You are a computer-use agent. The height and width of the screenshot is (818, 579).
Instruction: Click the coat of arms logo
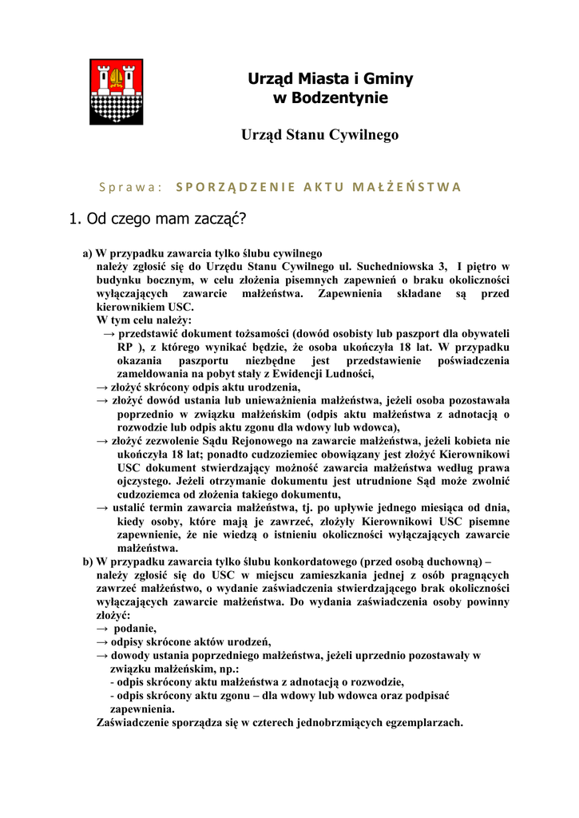point(116,91)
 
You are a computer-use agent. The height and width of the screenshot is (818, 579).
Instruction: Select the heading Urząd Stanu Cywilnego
point(319,135)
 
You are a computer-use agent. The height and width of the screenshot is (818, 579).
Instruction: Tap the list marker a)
point(88,253)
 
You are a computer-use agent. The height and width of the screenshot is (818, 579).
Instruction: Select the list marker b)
point(88,561)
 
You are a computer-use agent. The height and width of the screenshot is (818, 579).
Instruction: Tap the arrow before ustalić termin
point(102,507)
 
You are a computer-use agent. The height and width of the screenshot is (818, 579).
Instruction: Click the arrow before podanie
point(102,629)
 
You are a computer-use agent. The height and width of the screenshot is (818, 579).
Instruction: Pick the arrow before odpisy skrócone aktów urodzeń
point(102,641)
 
